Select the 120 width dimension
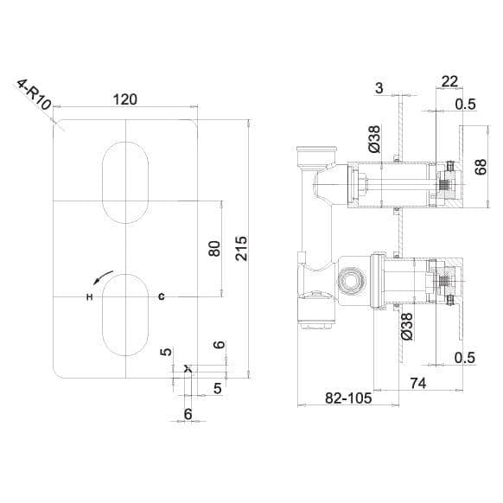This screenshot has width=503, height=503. click(x=125, y=99)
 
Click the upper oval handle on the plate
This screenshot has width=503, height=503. click(x=125, y=178)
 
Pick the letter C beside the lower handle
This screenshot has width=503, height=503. click(x=161, y=297)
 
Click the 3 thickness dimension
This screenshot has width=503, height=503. click(x=379, y=88)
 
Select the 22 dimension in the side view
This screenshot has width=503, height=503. click(x=449, y=81)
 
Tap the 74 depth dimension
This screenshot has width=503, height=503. click(x=417, y=383)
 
